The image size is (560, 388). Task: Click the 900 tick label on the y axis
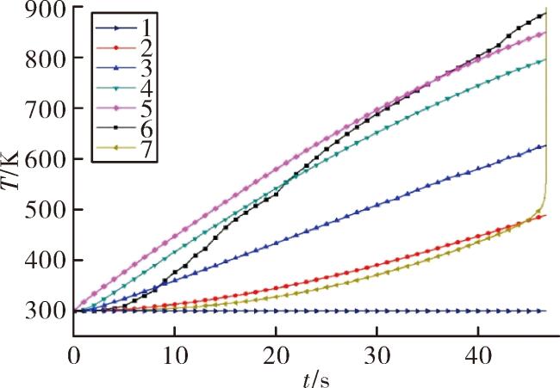click(x=46, y=11)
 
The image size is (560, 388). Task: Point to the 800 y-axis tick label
click(x=46, y=59)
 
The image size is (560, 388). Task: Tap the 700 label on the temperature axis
click(x=46, y=108)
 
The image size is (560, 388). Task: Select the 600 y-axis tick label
click(x=46, y=159)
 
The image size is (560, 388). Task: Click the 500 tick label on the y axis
click(x=46, y=210)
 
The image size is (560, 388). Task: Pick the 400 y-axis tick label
click(x=46, y=261)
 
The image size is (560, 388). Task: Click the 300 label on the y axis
click(x=46, y=311)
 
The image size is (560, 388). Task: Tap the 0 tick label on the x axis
click(x=73, y=356)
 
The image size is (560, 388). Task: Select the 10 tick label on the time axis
click(x=174, y=356)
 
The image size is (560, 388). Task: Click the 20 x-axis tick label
click(x=276, y=356)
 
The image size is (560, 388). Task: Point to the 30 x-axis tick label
click(x=376, y=356)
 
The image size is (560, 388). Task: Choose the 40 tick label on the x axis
click(x=478, y=356)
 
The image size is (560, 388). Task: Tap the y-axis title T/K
click(x=10, y=169)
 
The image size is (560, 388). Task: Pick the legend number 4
click(x=146, y=89)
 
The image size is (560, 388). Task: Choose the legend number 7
click(x=146, y=150)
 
